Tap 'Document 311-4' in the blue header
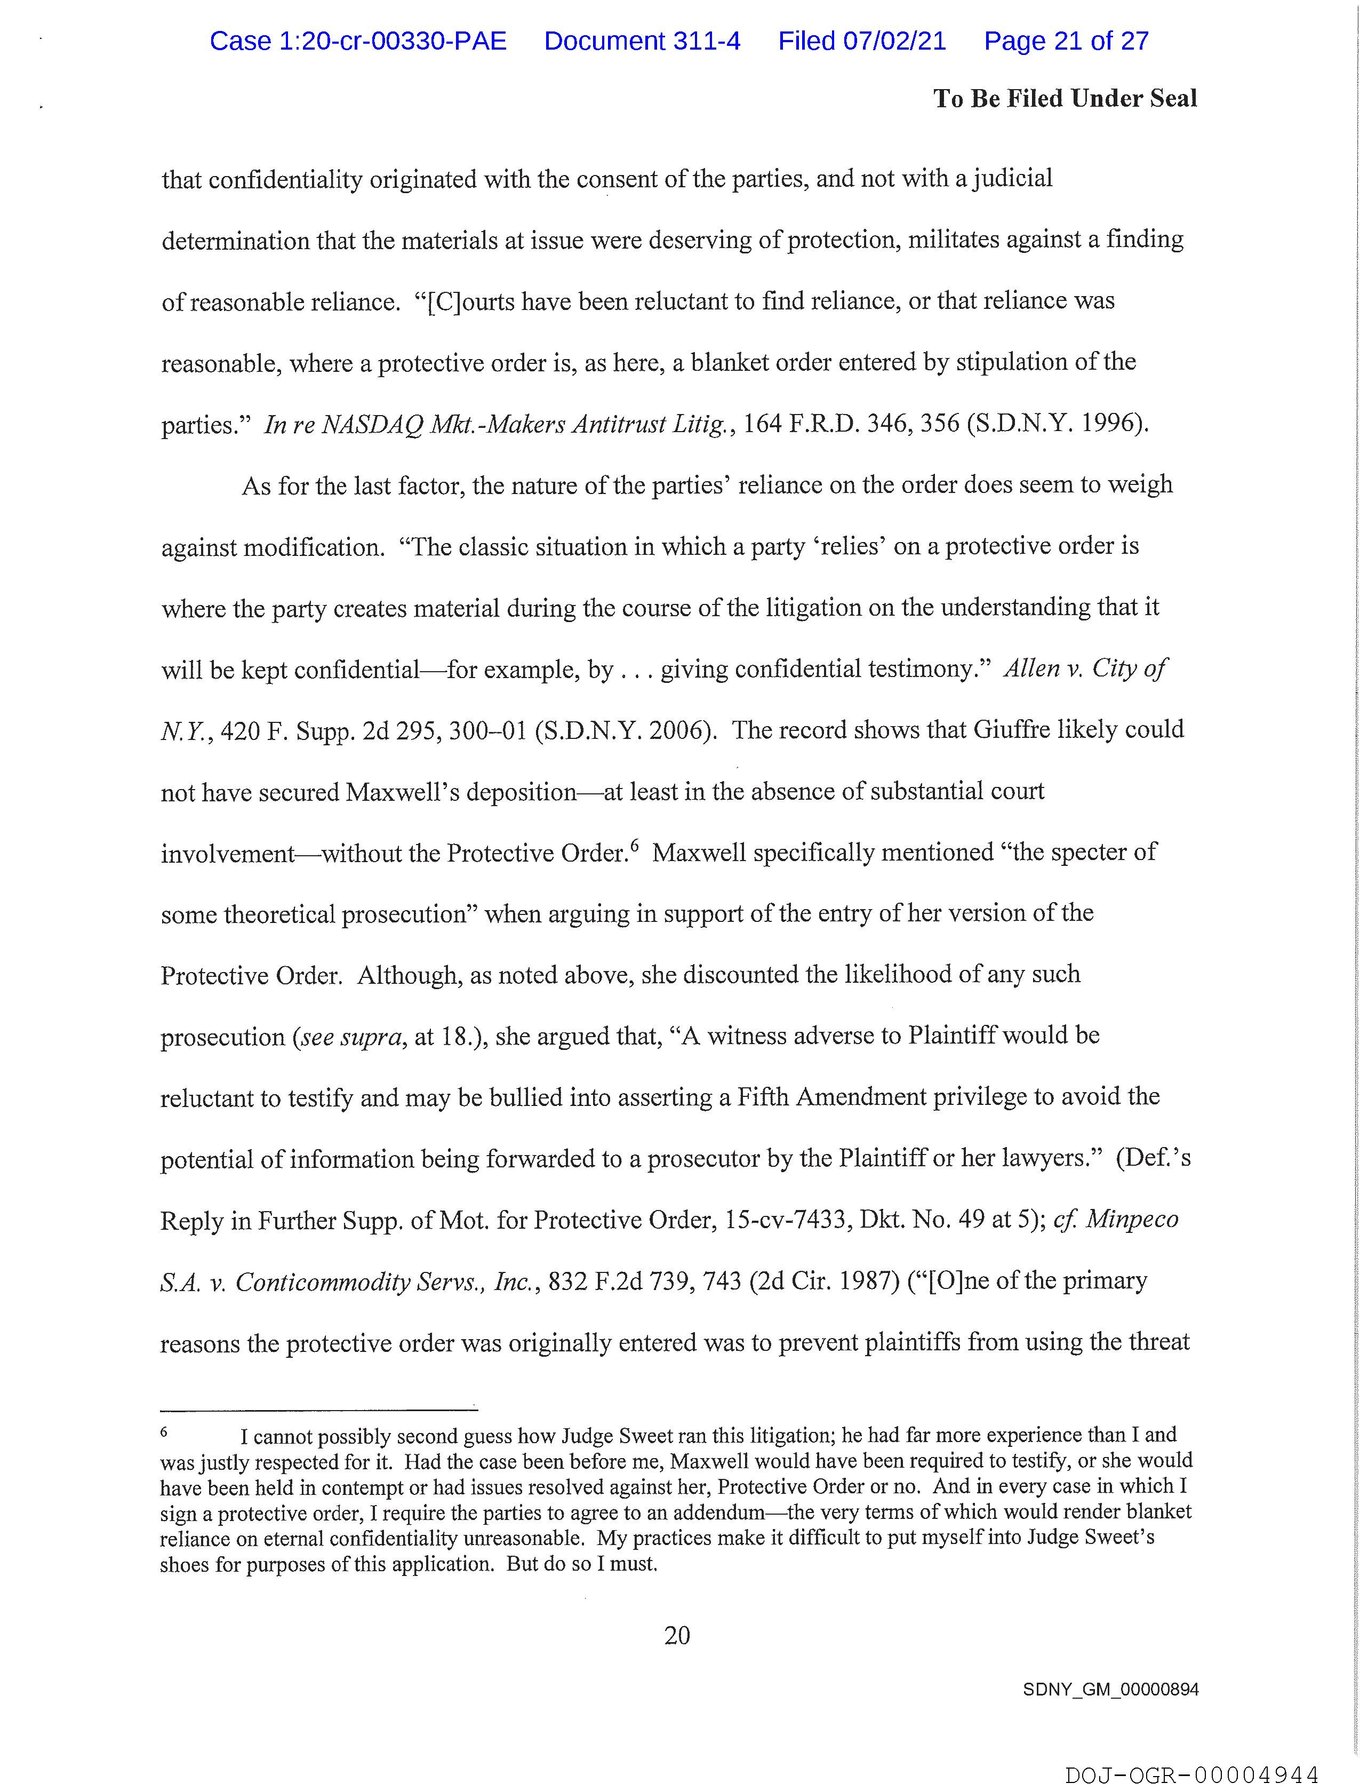click(x=642, y=41)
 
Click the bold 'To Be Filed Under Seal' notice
click(x=1065, y=99)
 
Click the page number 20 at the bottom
click(x=677, y=1636)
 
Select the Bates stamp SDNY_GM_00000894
click(x=1110, y=1690)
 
